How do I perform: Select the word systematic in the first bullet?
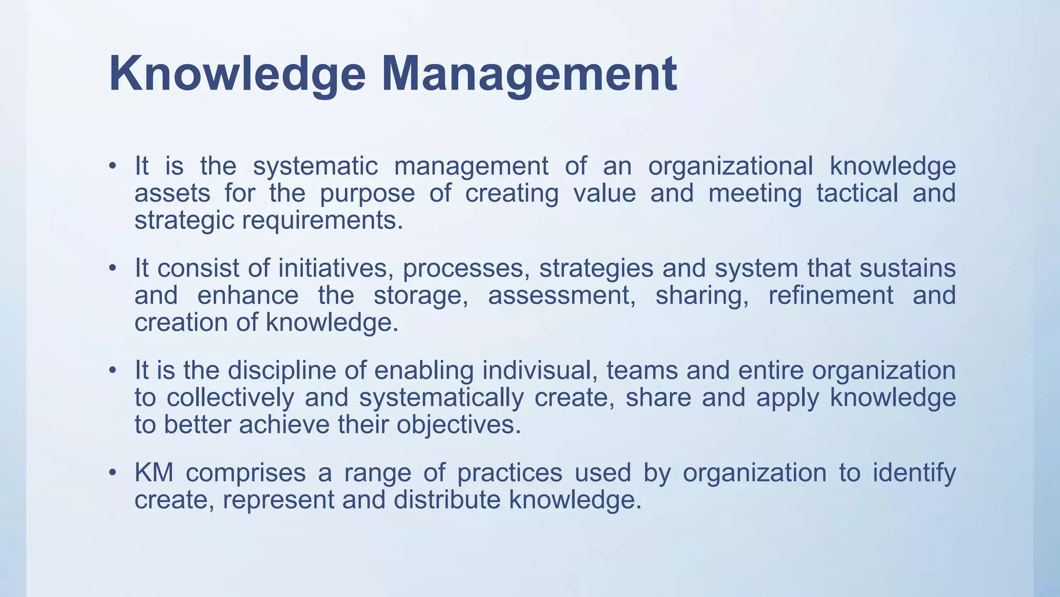click(315, 167)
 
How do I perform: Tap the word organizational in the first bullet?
click(730, 167)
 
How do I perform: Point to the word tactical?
click(857, 193)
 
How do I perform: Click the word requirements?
click(322, 220)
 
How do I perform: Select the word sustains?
click(907, 268)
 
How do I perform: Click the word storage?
click(421, 295)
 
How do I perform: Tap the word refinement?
click(830, 295)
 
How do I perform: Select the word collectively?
click(231, 397)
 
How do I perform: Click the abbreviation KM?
click(154, 473)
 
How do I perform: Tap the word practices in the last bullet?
click(509, 473)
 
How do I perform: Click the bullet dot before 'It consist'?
click(112, 269)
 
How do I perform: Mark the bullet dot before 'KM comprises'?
click(112, 473)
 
